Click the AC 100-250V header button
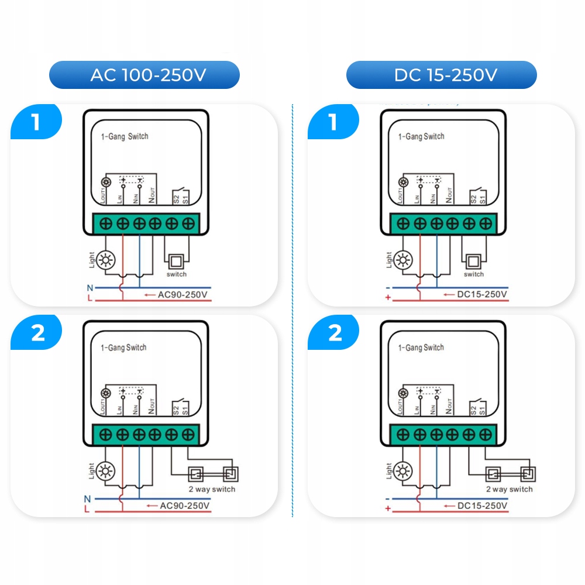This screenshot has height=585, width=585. pos(144,75)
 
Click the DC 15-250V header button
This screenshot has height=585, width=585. pos(442,75)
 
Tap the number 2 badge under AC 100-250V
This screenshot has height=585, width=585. pos(36,333)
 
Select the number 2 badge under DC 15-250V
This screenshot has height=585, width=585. pos(335,333)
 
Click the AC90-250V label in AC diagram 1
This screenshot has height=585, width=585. pos(183,294)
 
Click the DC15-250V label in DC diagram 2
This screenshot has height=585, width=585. pos(482,505)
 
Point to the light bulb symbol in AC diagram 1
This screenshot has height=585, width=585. pos(106,260)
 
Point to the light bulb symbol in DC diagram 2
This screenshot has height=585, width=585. pos(403,471)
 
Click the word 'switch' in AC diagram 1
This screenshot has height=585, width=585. pos(177,274)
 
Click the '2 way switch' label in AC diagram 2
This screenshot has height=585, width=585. pos(212,489)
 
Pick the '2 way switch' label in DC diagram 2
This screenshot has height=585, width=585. pos(509,489)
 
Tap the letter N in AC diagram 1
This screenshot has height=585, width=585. pos(90,288)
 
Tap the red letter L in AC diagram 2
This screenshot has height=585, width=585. pos(87,510)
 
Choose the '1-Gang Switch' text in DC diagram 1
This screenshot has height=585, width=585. pos(421,136)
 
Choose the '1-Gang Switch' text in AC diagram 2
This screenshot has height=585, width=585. pos(124,347)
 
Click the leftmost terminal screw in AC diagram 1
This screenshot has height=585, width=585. pos(106,223)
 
